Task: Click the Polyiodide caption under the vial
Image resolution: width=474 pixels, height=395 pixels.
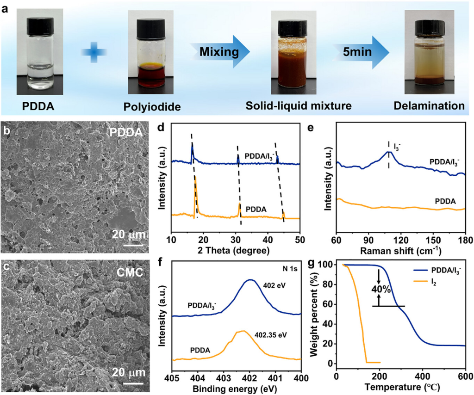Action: pos(152,107)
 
